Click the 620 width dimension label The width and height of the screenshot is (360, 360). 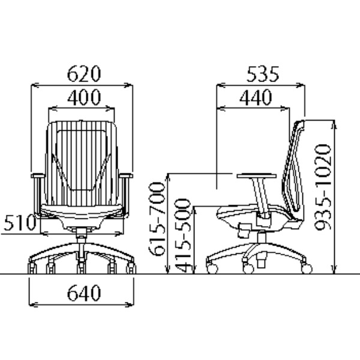(x=84, y=74)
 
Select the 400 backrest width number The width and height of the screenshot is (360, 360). (x=84, y=97)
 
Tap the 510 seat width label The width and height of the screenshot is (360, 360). (x=20, y=223)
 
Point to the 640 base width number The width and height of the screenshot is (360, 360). (x=84, y=293)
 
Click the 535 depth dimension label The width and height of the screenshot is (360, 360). (x=263, y=74)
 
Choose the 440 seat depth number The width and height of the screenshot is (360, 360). (x=256, y=97)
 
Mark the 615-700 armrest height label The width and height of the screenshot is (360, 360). (x=157, y=219)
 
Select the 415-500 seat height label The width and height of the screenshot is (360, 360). (x=182, y=236)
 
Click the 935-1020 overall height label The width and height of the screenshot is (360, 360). (x=323, y=187)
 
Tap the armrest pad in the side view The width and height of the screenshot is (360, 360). (x=257, y=176)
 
